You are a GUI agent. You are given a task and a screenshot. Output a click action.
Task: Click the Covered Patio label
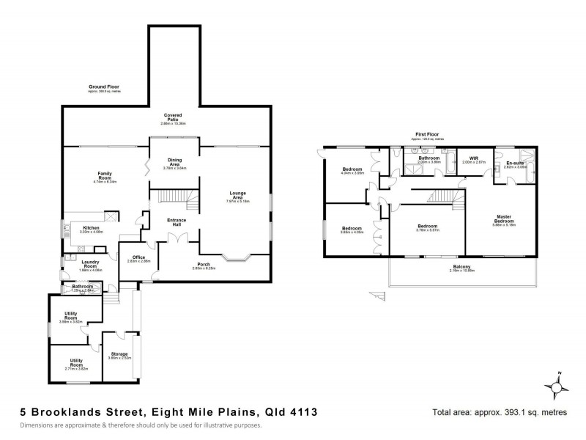(173, 118)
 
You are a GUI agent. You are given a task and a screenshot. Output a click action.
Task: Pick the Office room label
(138, 257)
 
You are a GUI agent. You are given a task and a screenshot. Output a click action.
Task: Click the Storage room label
(119, 355)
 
